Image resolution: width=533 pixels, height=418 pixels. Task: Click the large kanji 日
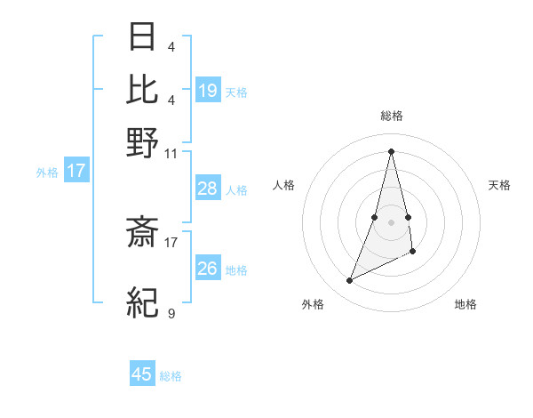click(x=142, y=38)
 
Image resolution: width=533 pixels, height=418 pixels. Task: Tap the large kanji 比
click(x=142, y=89)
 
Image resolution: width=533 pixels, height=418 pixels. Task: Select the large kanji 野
click(x=142, y=141)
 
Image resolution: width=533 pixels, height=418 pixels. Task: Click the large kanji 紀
click(x=142, y=302)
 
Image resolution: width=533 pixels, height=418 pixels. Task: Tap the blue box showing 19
click(x=208, y=90)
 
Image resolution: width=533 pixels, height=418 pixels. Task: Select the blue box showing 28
click(x=208, y=189)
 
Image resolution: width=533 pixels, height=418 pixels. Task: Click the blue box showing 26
click(x=208, y=269)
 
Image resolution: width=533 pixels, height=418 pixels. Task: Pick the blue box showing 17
click(x=76, y=171)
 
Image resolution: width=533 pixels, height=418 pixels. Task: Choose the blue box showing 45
click(x=142, y=374)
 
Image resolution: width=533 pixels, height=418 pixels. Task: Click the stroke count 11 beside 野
click(x=171, y=153)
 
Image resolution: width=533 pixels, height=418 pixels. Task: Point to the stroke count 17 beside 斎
click(x=171, y=240)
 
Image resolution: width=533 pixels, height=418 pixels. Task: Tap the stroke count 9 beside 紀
click(x=171, y=313)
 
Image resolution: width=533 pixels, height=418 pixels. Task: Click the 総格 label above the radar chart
click(x=391, y=116)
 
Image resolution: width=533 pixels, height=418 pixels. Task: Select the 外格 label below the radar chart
click(x=313, y=304)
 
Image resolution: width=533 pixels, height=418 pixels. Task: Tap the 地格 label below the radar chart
click(x=465, y=304)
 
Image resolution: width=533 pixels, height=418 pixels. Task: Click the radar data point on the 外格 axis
click(x=350, y=281)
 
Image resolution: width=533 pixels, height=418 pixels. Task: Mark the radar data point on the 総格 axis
click(x=391, y=150)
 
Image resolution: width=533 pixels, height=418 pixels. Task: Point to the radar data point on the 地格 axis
click(x=414, y=253)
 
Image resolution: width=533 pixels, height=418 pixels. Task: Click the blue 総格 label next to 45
click(x=171, y=376)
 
